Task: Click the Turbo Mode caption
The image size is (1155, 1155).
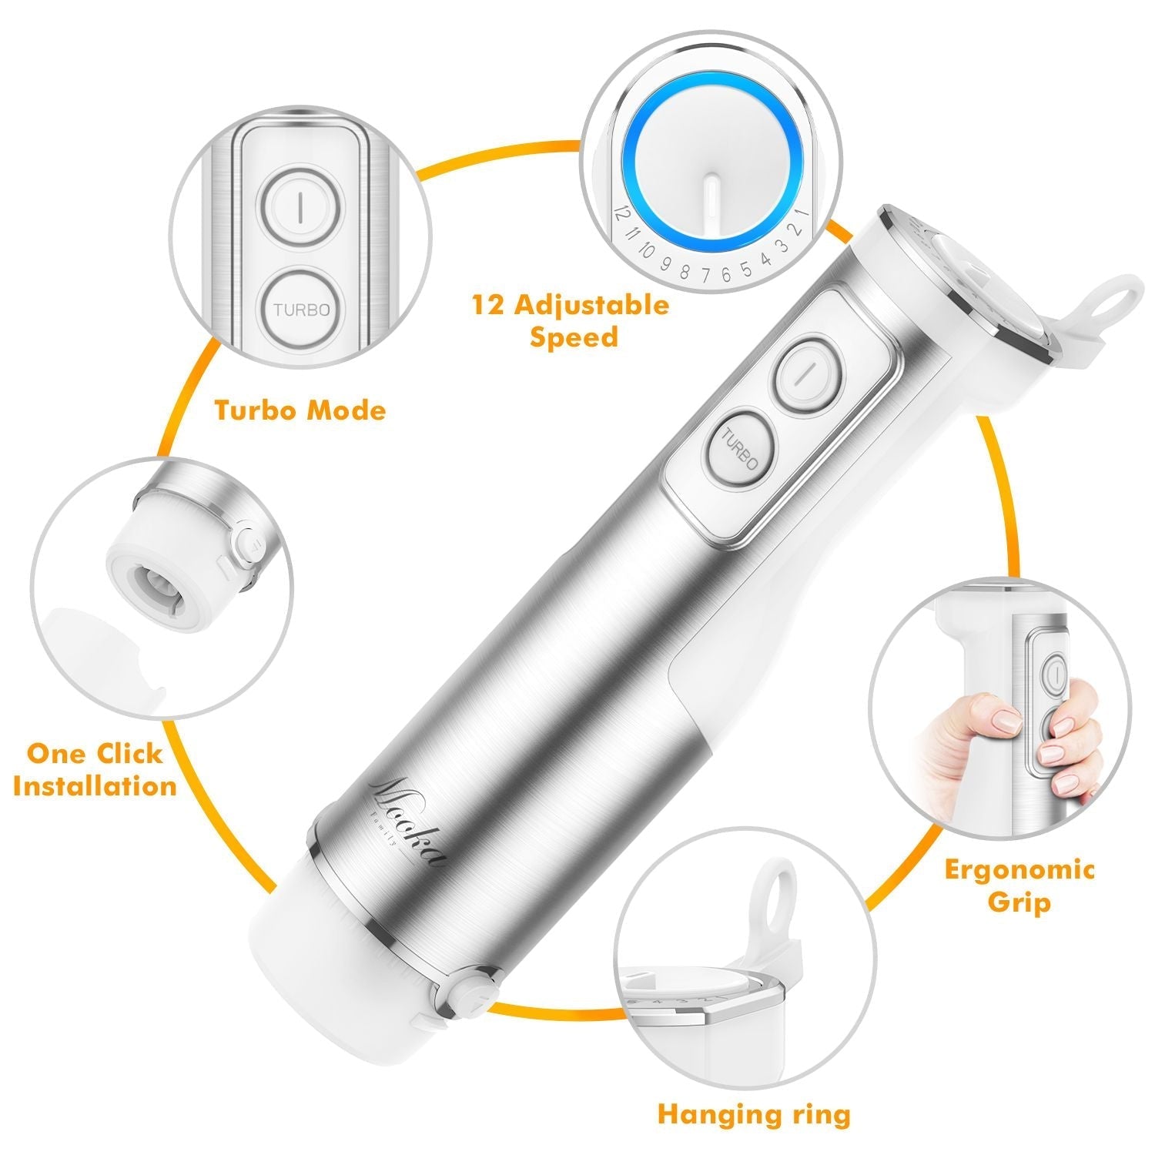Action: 300,410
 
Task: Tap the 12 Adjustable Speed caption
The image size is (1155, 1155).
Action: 571,320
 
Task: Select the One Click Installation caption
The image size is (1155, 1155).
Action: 95,769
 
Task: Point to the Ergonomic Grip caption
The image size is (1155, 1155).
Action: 1019,885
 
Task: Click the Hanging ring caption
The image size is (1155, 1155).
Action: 754,1114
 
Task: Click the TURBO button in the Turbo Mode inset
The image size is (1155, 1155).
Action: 302,310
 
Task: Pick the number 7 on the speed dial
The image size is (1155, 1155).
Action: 706,273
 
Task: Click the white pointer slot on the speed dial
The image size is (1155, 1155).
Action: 713,202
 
